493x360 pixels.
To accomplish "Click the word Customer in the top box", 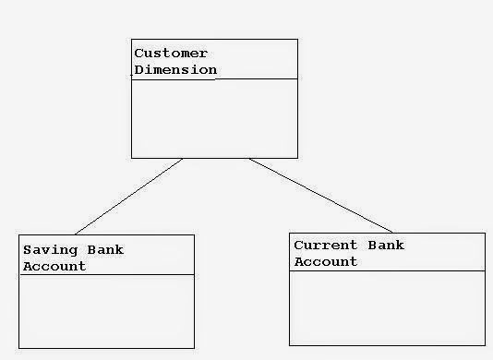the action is pyautogui.click(x=171, y=54).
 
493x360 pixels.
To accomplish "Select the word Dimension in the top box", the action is pyautogui.click(x=175, y=69).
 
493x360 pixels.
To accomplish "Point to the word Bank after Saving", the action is pyautogui.click(x=104, y=250).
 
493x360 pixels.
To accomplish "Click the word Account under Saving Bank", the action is pyautogui.click(x=54, y=266).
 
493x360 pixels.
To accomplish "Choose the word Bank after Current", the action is pyautogui.click(x=386, y=246).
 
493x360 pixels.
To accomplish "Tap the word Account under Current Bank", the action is pyautogui.click(x=326, y=261).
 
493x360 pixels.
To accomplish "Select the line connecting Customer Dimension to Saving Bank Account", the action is pyautogui.click(x=128, y=197).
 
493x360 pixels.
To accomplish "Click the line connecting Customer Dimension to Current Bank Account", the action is pyautogui.click(x=320, y=196).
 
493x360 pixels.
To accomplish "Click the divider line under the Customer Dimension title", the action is pyautogui.click(x=214, y=79).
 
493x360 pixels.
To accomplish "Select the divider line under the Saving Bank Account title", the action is pyautogui.click(x=107, y=274).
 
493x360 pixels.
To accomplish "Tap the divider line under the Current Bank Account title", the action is pyautogui.click(x=387, y=270).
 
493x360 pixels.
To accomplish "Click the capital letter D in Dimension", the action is pyautogui.click(x=138, y=69).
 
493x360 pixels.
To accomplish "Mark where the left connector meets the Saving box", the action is pyautogui.click(x=75, y=234).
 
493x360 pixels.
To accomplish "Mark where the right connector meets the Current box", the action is pyautogui.click(x=393, y=233).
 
